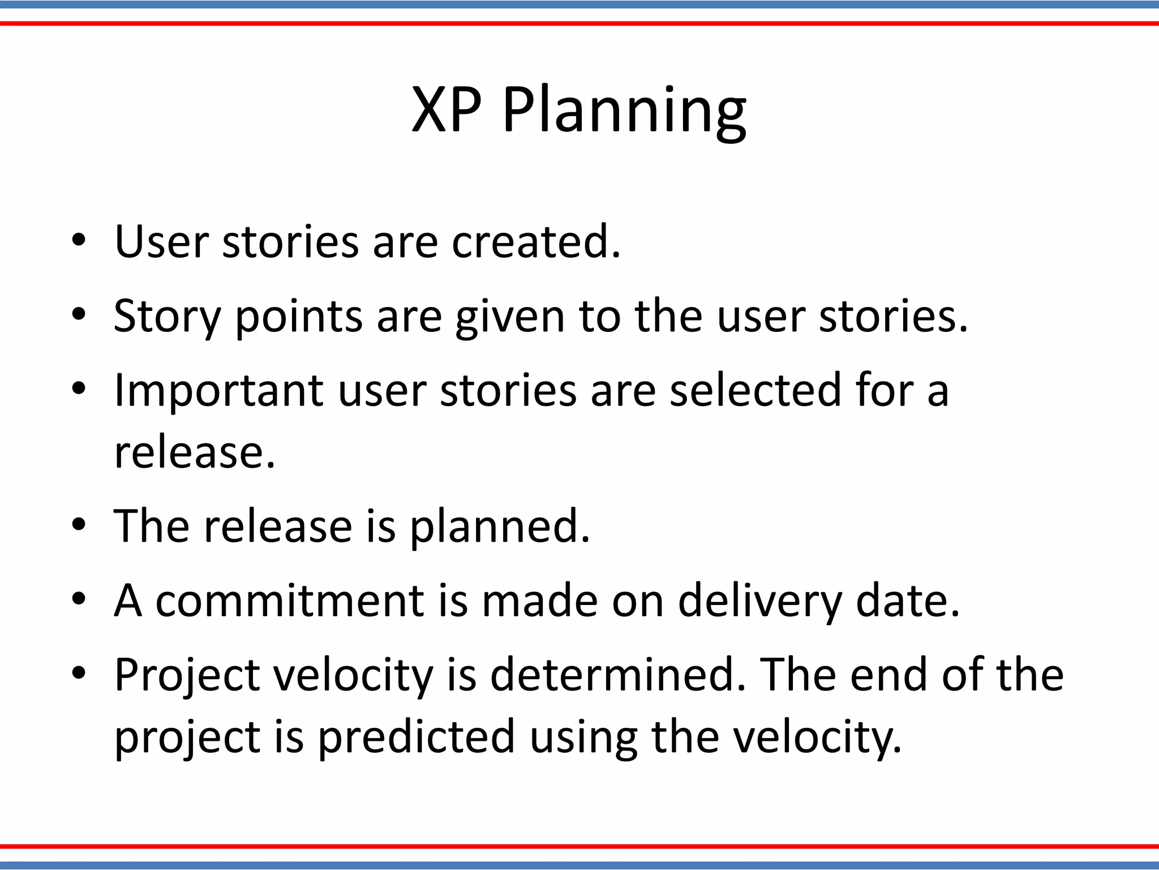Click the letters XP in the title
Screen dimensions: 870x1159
coord(447,110)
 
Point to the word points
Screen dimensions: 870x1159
coord(298,317)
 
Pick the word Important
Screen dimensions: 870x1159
coord(218,391)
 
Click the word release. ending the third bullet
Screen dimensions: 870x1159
coord(194,453)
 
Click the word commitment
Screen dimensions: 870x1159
coord(289,601)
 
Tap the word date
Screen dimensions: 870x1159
coord(908,601)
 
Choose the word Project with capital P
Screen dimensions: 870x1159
coord(187,676)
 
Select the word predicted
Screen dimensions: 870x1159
coord(416,737)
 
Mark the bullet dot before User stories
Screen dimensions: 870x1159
coord(78,240)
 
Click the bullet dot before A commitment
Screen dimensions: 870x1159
coord(78,599)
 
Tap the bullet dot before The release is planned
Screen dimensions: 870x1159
coord(78,524)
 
